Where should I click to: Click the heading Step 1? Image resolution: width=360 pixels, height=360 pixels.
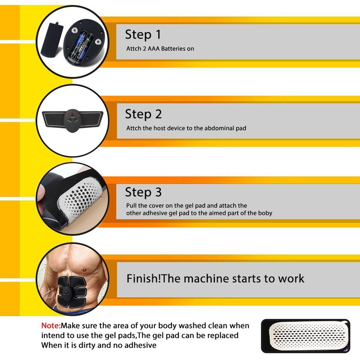143,35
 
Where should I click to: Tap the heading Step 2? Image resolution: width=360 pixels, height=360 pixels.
143,114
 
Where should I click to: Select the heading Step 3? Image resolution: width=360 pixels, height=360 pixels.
143,192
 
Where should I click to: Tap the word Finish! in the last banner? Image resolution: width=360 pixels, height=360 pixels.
143,279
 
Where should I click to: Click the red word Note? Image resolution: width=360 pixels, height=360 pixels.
51,326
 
